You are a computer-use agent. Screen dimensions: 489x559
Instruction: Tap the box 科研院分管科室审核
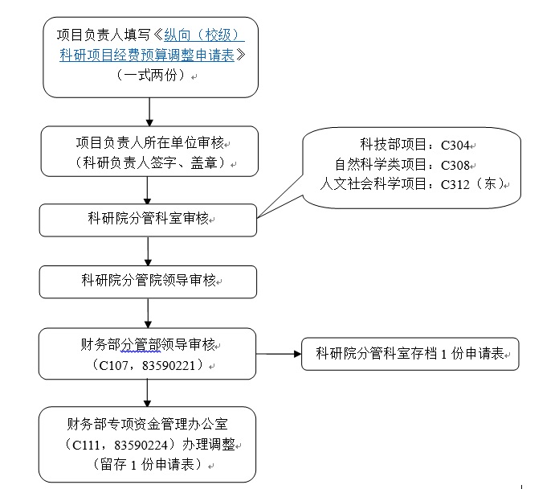click(149, 219)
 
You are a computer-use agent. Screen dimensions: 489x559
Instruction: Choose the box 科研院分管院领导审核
click(149, 281)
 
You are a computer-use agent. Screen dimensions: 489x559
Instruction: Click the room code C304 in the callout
click(459, 146)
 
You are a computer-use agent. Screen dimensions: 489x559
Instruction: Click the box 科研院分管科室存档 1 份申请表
click(410, 354)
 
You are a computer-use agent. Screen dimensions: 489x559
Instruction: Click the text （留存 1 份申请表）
click(148, 464)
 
